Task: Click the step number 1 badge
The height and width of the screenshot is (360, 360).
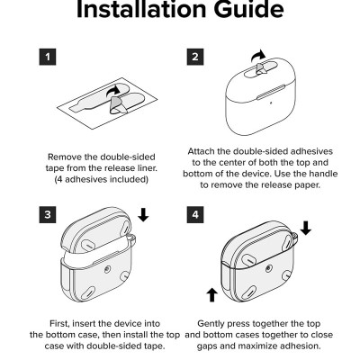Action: point(48,57)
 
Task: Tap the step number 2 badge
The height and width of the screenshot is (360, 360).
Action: point(195,57)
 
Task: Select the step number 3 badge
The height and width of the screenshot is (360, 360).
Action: point(48,214)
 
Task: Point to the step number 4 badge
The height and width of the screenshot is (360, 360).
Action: point(195,214)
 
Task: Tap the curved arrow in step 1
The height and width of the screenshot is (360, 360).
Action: point(113,90)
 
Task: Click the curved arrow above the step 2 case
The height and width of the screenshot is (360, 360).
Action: point(258,56)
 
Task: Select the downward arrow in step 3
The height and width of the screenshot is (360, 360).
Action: point(143,215)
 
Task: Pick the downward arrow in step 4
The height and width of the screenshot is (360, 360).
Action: point(306,228)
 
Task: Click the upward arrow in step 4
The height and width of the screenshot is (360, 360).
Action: point(212,295)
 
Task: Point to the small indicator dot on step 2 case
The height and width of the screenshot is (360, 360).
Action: point(271,103)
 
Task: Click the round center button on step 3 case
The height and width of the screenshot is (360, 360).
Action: point(107,269)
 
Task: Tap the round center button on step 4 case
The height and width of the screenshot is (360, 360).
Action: point(269,268)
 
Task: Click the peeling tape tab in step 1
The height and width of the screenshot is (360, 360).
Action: point(118,105)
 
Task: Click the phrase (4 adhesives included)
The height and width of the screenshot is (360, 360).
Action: point(102,179)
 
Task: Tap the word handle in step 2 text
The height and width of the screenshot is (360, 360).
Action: point(323,174)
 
